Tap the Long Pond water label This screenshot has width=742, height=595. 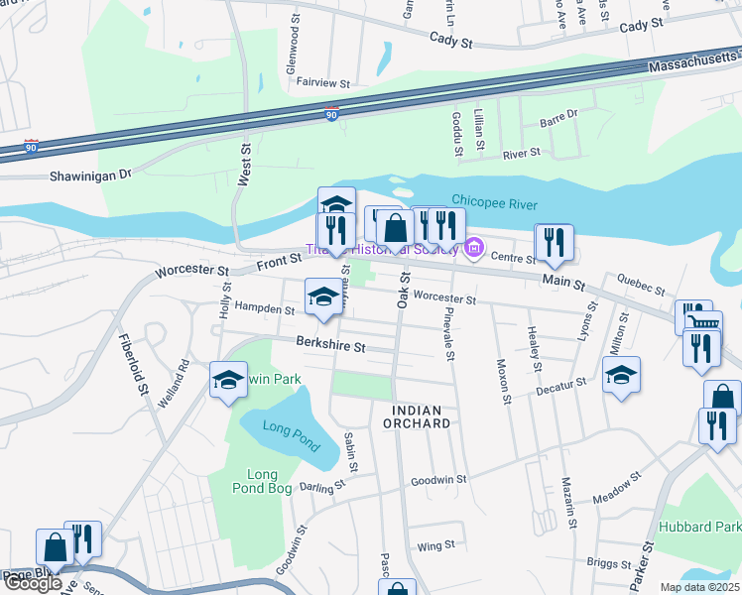point(286,428)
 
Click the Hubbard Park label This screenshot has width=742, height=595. point(713,527)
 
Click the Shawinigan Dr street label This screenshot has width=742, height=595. point(90,175)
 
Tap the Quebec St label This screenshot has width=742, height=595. point(640,286)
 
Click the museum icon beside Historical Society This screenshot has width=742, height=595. point(474,249)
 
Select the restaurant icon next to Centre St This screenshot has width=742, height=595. point(554,241)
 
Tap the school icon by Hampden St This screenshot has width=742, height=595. point(322,297)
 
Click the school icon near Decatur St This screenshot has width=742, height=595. point(621,374)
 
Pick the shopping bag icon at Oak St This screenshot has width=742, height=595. point(395,227)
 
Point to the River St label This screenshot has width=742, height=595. point(521,154)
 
